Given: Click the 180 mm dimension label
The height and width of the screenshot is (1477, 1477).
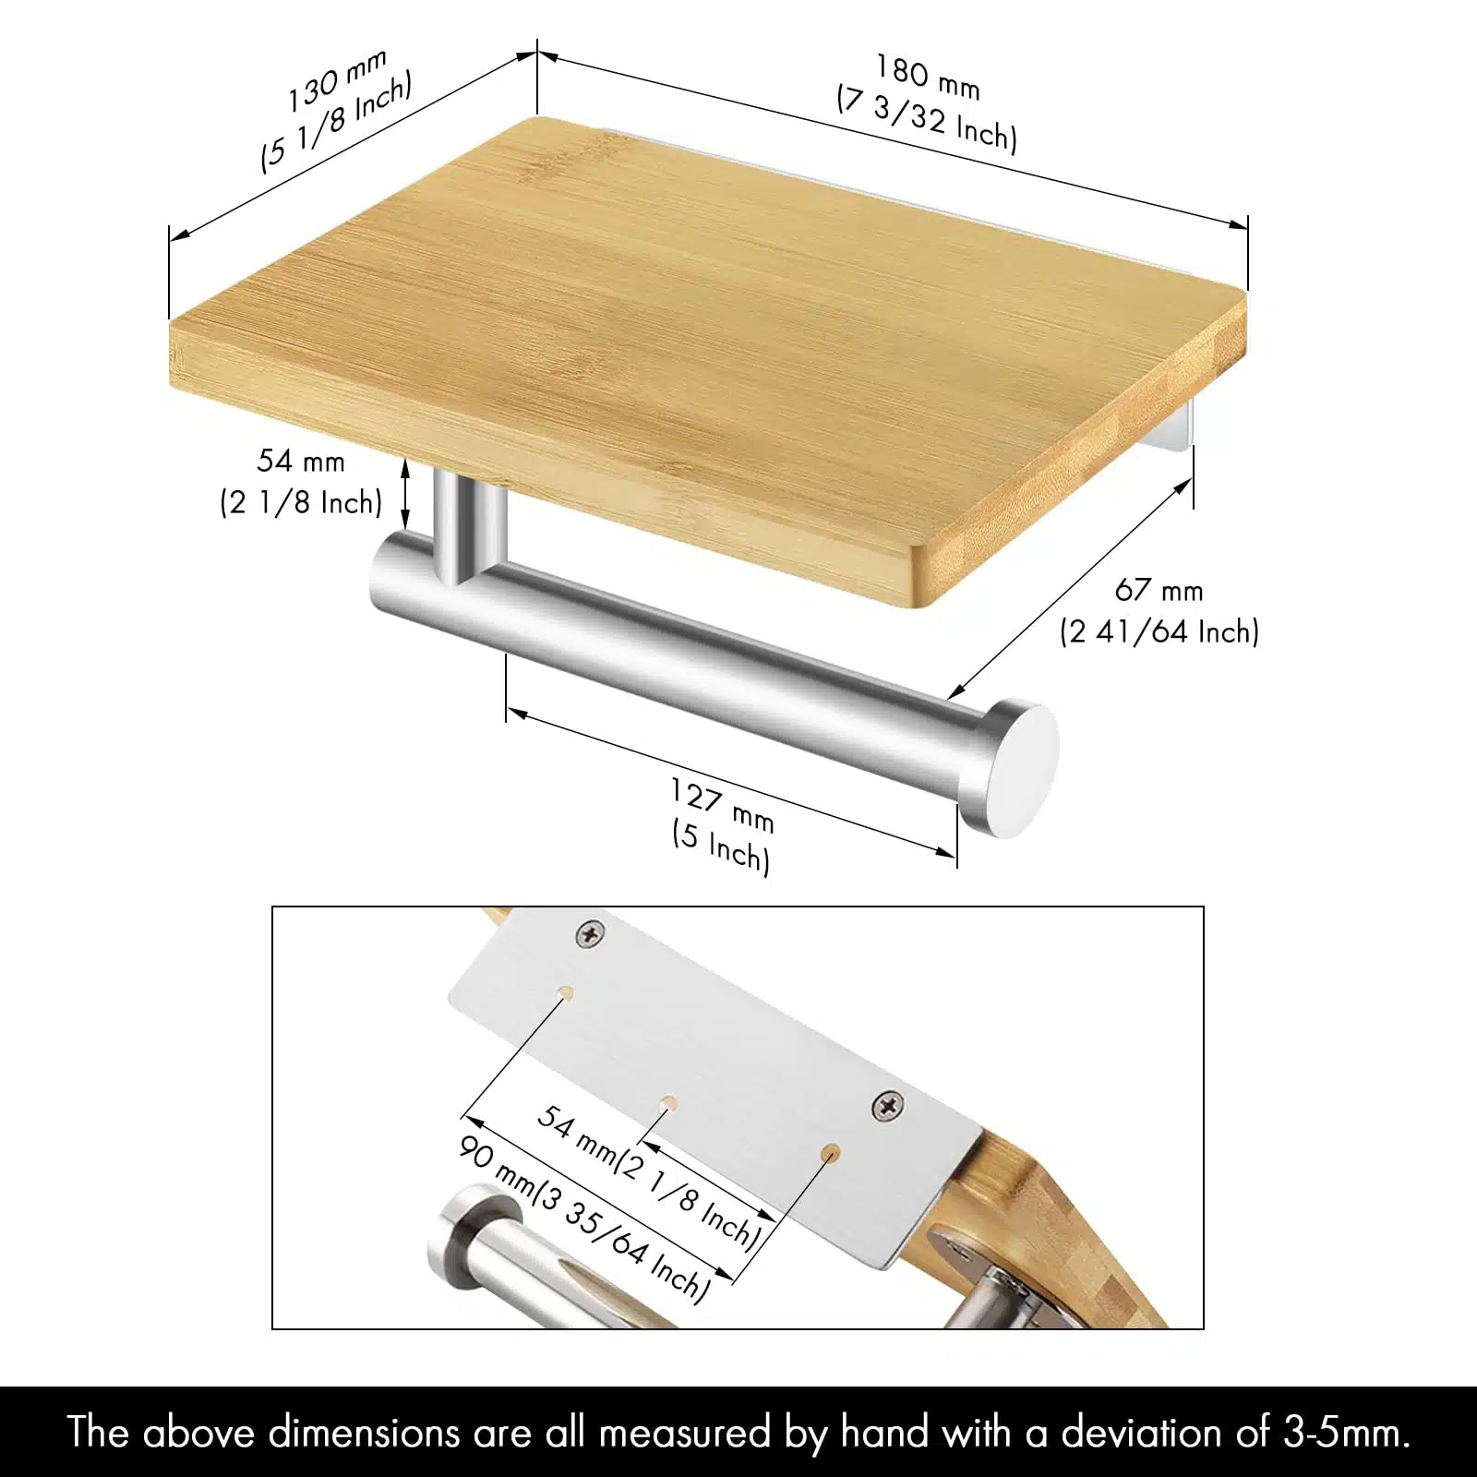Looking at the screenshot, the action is (x=928, y=77).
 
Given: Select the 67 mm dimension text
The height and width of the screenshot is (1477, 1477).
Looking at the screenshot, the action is (x=1159, y=590).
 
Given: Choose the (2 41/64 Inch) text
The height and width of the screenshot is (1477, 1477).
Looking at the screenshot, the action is (x=1159, y=632).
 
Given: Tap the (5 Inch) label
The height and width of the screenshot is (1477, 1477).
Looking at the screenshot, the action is (x=721, y=847).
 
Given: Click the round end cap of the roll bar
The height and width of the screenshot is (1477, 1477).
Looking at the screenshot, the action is (x=1010, y=769).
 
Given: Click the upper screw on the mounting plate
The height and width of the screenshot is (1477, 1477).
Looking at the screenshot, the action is (x=590, y=934).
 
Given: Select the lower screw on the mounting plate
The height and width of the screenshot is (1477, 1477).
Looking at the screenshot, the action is (x=887, y=1105).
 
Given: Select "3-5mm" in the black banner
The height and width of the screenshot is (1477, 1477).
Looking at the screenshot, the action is (x=1347, y=1433).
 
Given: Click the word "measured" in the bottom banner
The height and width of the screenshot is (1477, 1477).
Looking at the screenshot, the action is (x=684, y=1433).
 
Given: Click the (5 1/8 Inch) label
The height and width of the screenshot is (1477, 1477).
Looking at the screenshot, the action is (x=336, y=122).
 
